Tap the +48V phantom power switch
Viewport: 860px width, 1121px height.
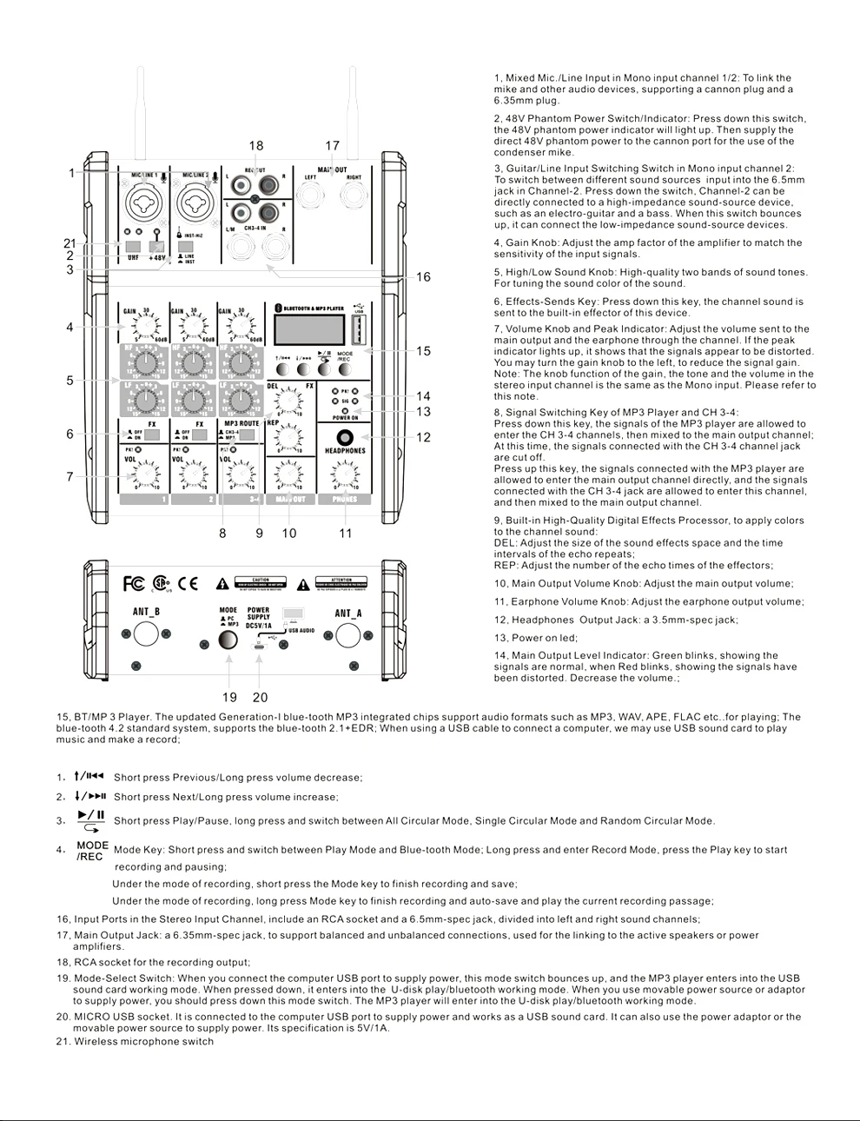[156, 247]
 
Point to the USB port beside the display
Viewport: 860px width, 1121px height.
[358, 329]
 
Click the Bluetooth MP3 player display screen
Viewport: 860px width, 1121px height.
[308, 329]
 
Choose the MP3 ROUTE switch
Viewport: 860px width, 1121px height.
[247, 434]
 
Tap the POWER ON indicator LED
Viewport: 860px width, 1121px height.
[345, 410]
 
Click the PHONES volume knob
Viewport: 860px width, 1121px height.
[345, 474]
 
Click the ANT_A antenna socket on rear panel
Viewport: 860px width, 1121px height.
[347, 634]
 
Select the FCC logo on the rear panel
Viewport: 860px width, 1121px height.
[134, 583]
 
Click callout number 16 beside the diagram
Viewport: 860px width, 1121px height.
[423, 277]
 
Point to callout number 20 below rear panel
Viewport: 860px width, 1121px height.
[260, 697]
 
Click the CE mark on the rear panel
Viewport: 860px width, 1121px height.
[188, 583]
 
